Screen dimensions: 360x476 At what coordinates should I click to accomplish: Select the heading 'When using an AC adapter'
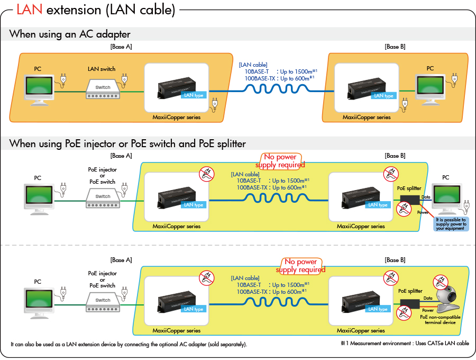70,34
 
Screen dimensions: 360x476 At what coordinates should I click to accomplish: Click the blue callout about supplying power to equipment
451,223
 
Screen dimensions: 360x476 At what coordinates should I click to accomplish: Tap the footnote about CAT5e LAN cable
405,344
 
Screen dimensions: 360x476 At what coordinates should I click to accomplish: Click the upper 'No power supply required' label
280,161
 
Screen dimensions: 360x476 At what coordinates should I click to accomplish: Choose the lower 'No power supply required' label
301,266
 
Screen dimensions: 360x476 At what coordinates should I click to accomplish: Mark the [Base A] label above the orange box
121,47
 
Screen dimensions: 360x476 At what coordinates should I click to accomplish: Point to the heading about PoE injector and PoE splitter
127,143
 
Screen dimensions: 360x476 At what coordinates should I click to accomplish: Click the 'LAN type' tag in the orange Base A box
193,95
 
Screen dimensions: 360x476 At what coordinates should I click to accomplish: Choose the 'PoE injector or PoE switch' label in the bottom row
102,280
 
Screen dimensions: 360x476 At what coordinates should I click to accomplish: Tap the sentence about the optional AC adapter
129,344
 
